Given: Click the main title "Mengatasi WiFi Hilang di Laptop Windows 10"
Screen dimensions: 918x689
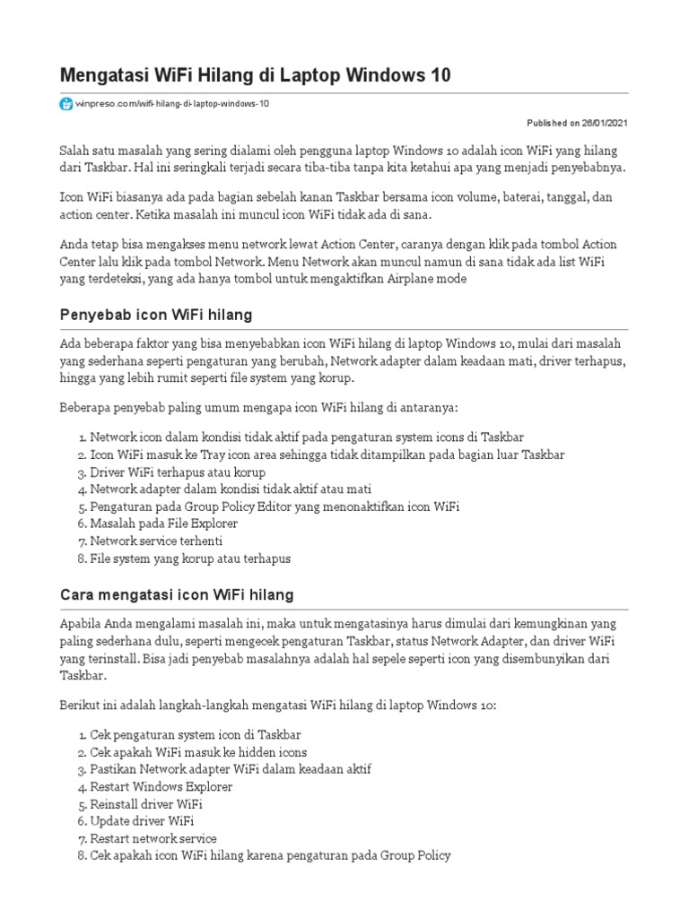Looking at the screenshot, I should [x=255, y=75].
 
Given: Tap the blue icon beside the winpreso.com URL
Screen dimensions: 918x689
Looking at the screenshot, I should [x=65, y=104].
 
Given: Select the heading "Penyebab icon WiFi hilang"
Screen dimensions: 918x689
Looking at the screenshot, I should [x=155, y=315].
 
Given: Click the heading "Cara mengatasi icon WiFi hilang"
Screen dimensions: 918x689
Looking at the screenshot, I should [x=176, y=595].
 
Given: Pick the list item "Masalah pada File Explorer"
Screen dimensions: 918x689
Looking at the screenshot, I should [x=162, y=524].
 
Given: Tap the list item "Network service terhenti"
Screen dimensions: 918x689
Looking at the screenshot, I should [x=156, y=541].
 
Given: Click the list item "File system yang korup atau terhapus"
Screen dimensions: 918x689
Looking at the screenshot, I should [x=189, y=559].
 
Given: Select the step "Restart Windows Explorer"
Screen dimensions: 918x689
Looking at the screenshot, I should [x=161, y=786].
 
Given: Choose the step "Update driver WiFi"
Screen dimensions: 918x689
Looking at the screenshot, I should [x=142, y=821].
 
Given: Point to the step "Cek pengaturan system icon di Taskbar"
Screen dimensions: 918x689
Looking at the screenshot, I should [x=195, y=735].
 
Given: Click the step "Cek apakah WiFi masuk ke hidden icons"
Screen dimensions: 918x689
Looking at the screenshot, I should [x=197, y=752].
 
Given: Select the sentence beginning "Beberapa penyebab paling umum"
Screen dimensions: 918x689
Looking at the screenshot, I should [x=258, y=408].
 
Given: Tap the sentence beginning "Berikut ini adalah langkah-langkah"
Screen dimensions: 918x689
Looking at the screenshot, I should [x=277, y=706].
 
